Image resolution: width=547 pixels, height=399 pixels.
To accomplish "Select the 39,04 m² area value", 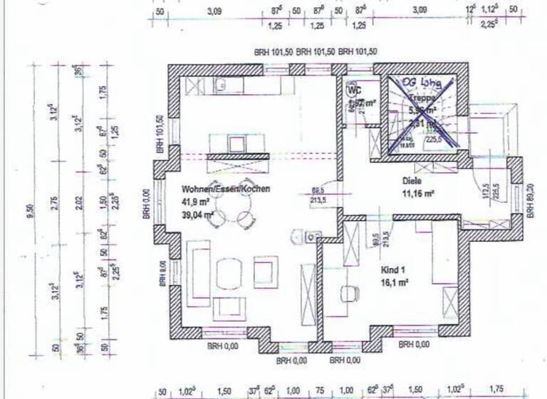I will (198, 213).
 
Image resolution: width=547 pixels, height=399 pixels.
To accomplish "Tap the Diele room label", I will (412, 181).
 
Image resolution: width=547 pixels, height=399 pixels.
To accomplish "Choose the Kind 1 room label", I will (394, 270).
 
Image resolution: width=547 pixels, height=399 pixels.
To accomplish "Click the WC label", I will (354, 90).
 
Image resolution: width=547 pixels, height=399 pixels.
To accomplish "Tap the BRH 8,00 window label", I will (163, 271).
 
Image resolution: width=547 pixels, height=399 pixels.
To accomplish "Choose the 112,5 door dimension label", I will (486, 191).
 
